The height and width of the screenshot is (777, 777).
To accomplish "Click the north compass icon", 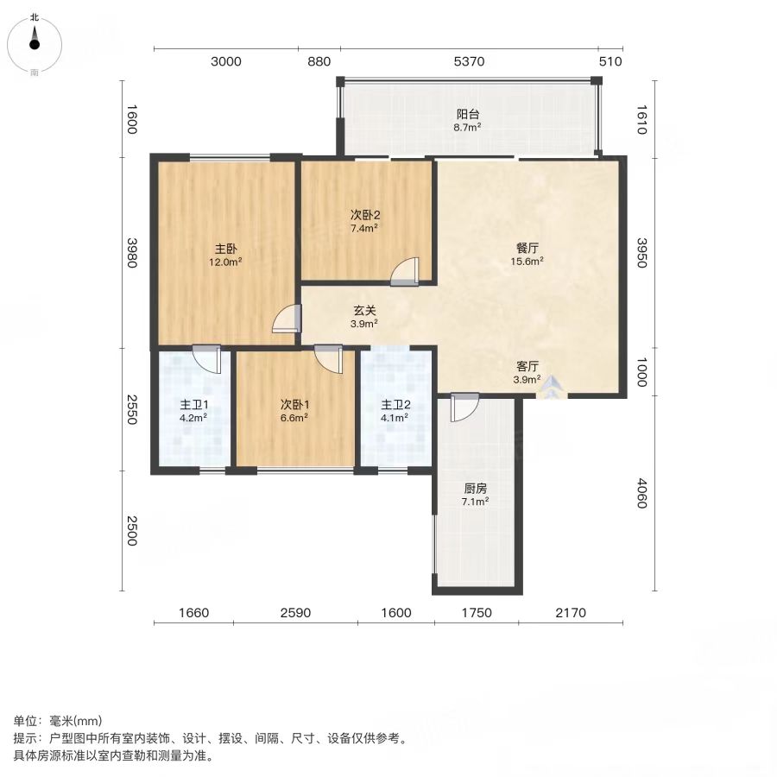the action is (35, 45).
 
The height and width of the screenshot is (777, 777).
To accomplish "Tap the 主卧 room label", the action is (225, 249).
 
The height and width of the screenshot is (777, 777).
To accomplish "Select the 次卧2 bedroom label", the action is (364, 215).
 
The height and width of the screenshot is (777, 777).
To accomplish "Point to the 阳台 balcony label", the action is (468, 115).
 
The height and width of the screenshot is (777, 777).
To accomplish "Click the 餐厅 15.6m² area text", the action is (527, 261).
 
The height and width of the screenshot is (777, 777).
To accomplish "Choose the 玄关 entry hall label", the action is (364, 311).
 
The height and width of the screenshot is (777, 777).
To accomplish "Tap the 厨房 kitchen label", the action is (475, 489).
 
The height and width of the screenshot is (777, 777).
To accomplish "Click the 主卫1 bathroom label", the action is (193, 405).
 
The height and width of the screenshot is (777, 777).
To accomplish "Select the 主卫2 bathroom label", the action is (395, 405).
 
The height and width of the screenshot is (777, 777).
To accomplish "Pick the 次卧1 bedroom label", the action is (295, 405).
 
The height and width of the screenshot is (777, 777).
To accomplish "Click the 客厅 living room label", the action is (527, 366).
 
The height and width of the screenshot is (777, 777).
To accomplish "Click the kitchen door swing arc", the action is (464, 407).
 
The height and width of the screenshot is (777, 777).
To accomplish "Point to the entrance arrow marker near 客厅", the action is (552, 388).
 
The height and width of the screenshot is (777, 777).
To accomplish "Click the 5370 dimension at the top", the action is (469, 61).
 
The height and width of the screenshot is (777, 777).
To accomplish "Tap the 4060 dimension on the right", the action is (641, 493).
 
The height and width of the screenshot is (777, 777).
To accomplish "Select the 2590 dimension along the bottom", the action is (295, 613).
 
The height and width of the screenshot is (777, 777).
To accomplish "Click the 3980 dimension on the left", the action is (131, 253).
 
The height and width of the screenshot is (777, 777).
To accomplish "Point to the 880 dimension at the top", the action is (319, 61).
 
